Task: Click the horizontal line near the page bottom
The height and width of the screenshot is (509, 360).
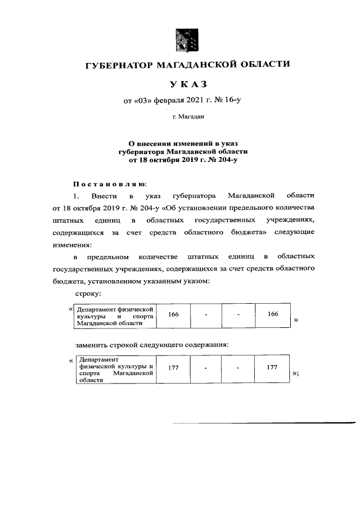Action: click(264, 422)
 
